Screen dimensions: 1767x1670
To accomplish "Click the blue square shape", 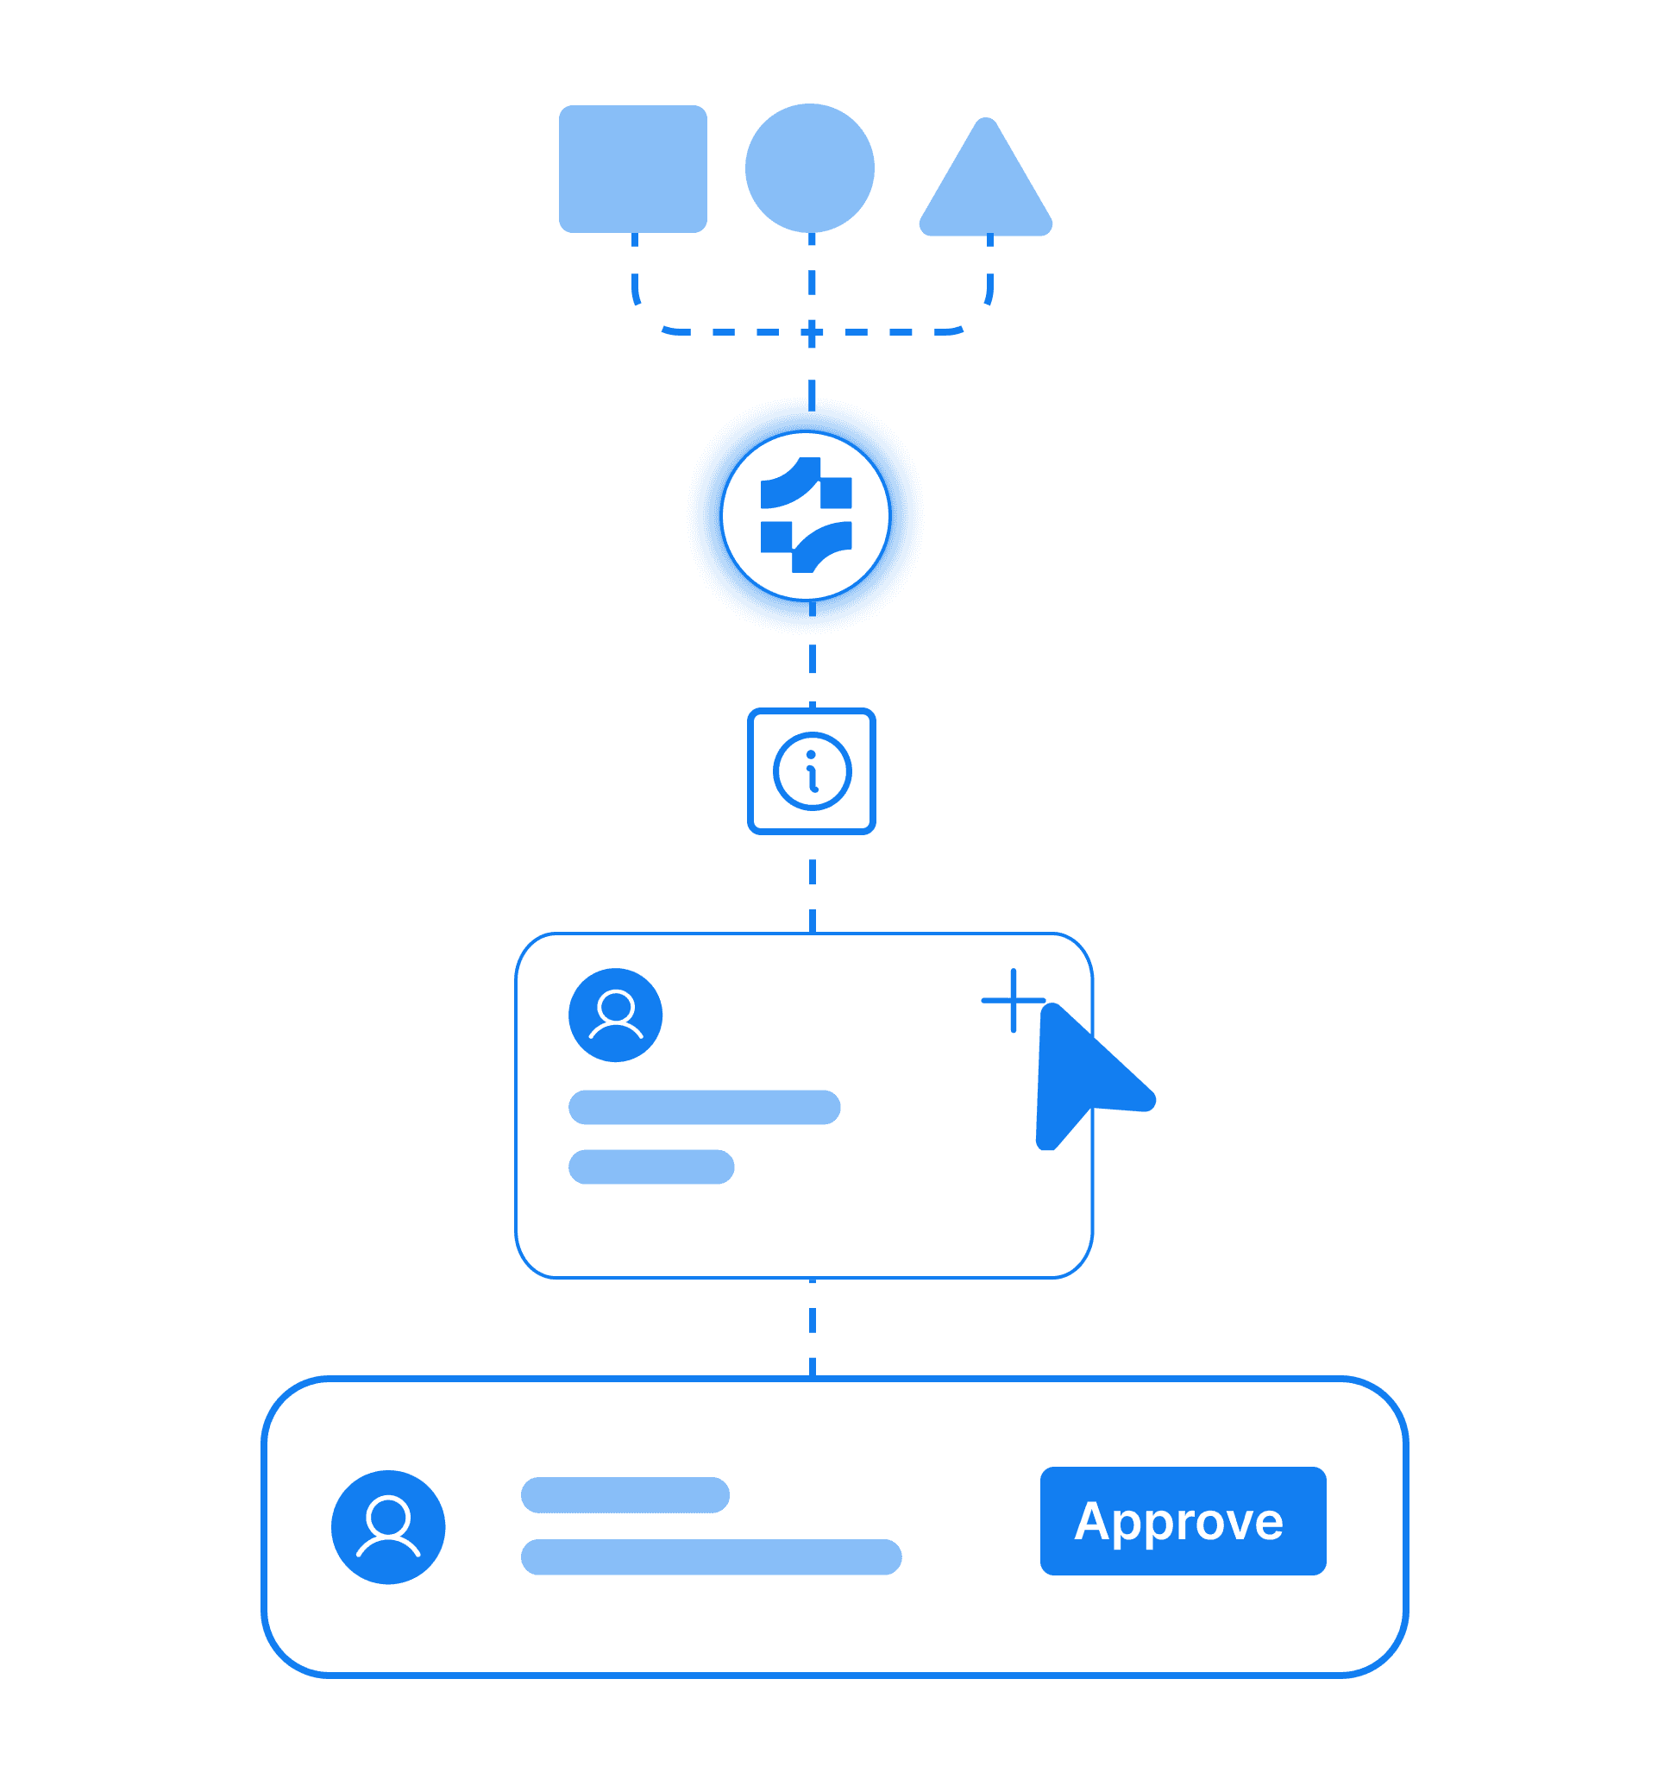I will click(x=633, y=168).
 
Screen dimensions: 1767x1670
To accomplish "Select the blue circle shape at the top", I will click(x=809, y=167).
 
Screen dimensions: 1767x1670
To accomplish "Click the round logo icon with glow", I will click(x=806, y=515).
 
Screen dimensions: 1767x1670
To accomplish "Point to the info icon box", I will click(x=811, y=770).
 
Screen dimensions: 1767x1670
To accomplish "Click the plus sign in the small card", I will click(x=1013, y=1001).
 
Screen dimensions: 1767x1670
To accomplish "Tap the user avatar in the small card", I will click(x=615, y=1014).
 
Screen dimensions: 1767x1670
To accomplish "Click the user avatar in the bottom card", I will click(x=388, y=1526).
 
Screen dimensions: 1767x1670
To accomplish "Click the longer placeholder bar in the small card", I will click(x=704, y=1106).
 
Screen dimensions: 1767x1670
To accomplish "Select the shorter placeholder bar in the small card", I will click(x=650, y=1166).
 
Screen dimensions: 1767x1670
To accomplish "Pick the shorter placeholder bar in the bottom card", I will click(x=625, y=1494).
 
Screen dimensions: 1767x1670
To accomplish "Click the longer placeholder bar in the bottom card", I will click(x=712, y=1557).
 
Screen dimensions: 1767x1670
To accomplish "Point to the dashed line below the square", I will click(x=635, y=276).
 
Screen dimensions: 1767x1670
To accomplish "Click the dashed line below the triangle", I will click(x=989, y=276).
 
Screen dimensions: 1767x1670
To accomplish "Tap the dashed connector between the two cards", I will click(x=812, y=1328).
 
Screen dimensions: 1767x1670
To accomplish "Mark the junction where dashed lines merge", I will click(x=811, y=333).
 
